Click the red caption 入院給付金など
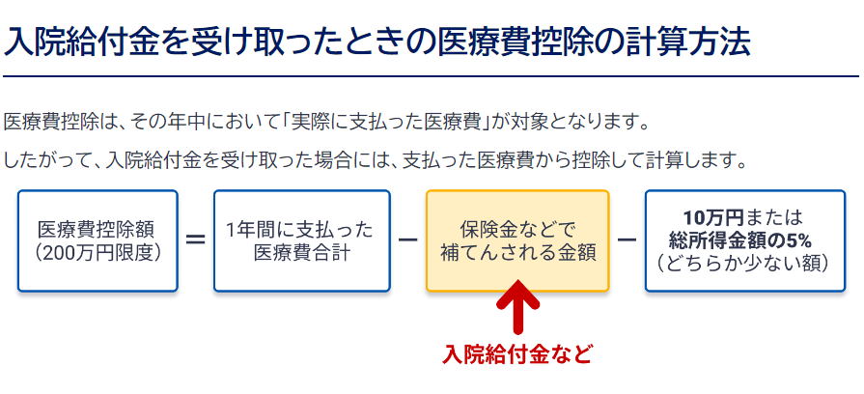[516, 354]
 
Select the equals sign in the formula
[196, 240]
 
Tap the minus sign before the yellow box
[407, 240]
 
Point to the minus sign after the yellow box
[627, 240]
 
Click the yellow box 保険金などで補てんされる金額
[517, 240]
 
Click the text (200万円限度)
[98, 253]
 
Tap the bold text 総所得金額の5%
[745, 240]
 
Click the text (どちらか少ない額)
[745, 264]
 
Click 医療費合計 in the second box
[302, 253]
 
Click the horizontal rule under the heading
[431, 76]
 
